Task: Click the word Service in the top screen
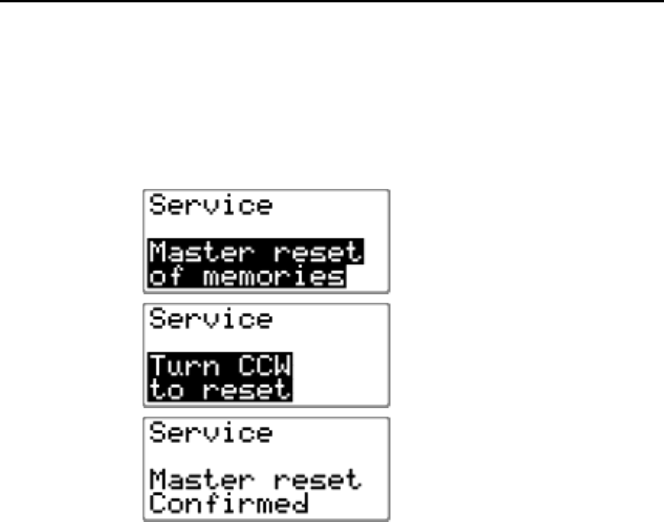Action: coord(211,207)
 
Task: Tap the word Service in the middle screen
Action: coord(211,320)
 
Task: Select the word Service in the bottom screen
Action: coord(211,433)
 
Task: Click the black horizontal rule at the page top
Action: coord(332,2)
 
